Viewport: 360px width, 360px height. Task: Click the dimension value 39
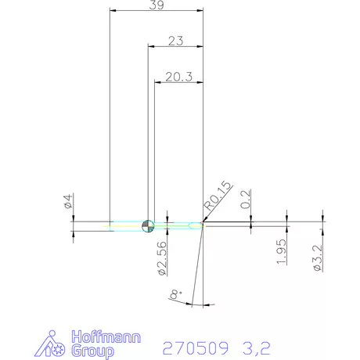[157, 5]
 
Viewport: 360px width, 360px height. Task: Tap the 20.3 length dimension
[179, 77]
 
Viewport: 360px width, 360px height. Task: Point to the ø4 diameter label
[68, 203]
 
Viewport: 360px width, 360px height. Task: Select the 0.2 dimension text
[246, 200]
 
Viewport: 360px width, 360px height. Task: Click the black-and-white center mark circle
[148, 226]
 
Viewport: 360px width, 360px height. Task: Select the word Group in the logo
[92, 351]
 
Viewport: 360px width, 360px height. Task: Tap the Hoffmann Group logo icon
[52, 344]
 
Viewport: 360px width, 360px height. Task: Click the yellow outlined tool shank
[125, 226]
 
